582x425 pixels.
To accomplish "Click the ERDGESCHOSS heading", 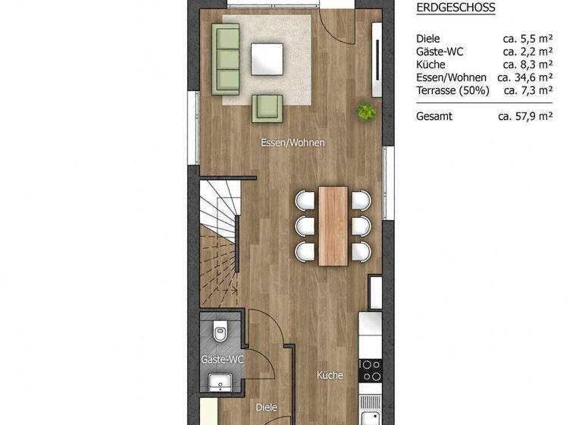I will (455, 8).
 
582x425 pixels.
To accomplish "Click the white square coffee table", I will (268, 57).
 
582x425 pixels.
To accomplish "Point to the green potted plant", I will (368, 112).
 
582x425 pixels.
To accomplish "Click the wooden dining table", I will (333, 225).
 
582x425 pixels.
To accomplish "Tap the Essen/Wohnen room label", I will (293, 143).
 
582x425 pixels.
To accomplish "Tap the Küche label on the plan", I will (330, 375).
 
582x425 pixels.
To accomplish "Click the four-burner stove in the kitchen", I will (371, 370).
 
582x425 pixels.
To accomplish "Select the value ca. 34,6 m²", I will (525, 77).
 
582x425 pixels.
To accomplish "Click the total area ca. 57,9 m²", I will (525, 116).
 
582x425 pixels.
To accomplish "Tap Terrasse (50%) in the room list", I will (452, 90).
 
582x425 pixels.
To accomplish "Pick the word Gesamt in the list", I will (434, 116).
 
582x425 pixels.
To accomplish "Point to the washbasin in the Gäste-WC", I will (222, 381).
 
